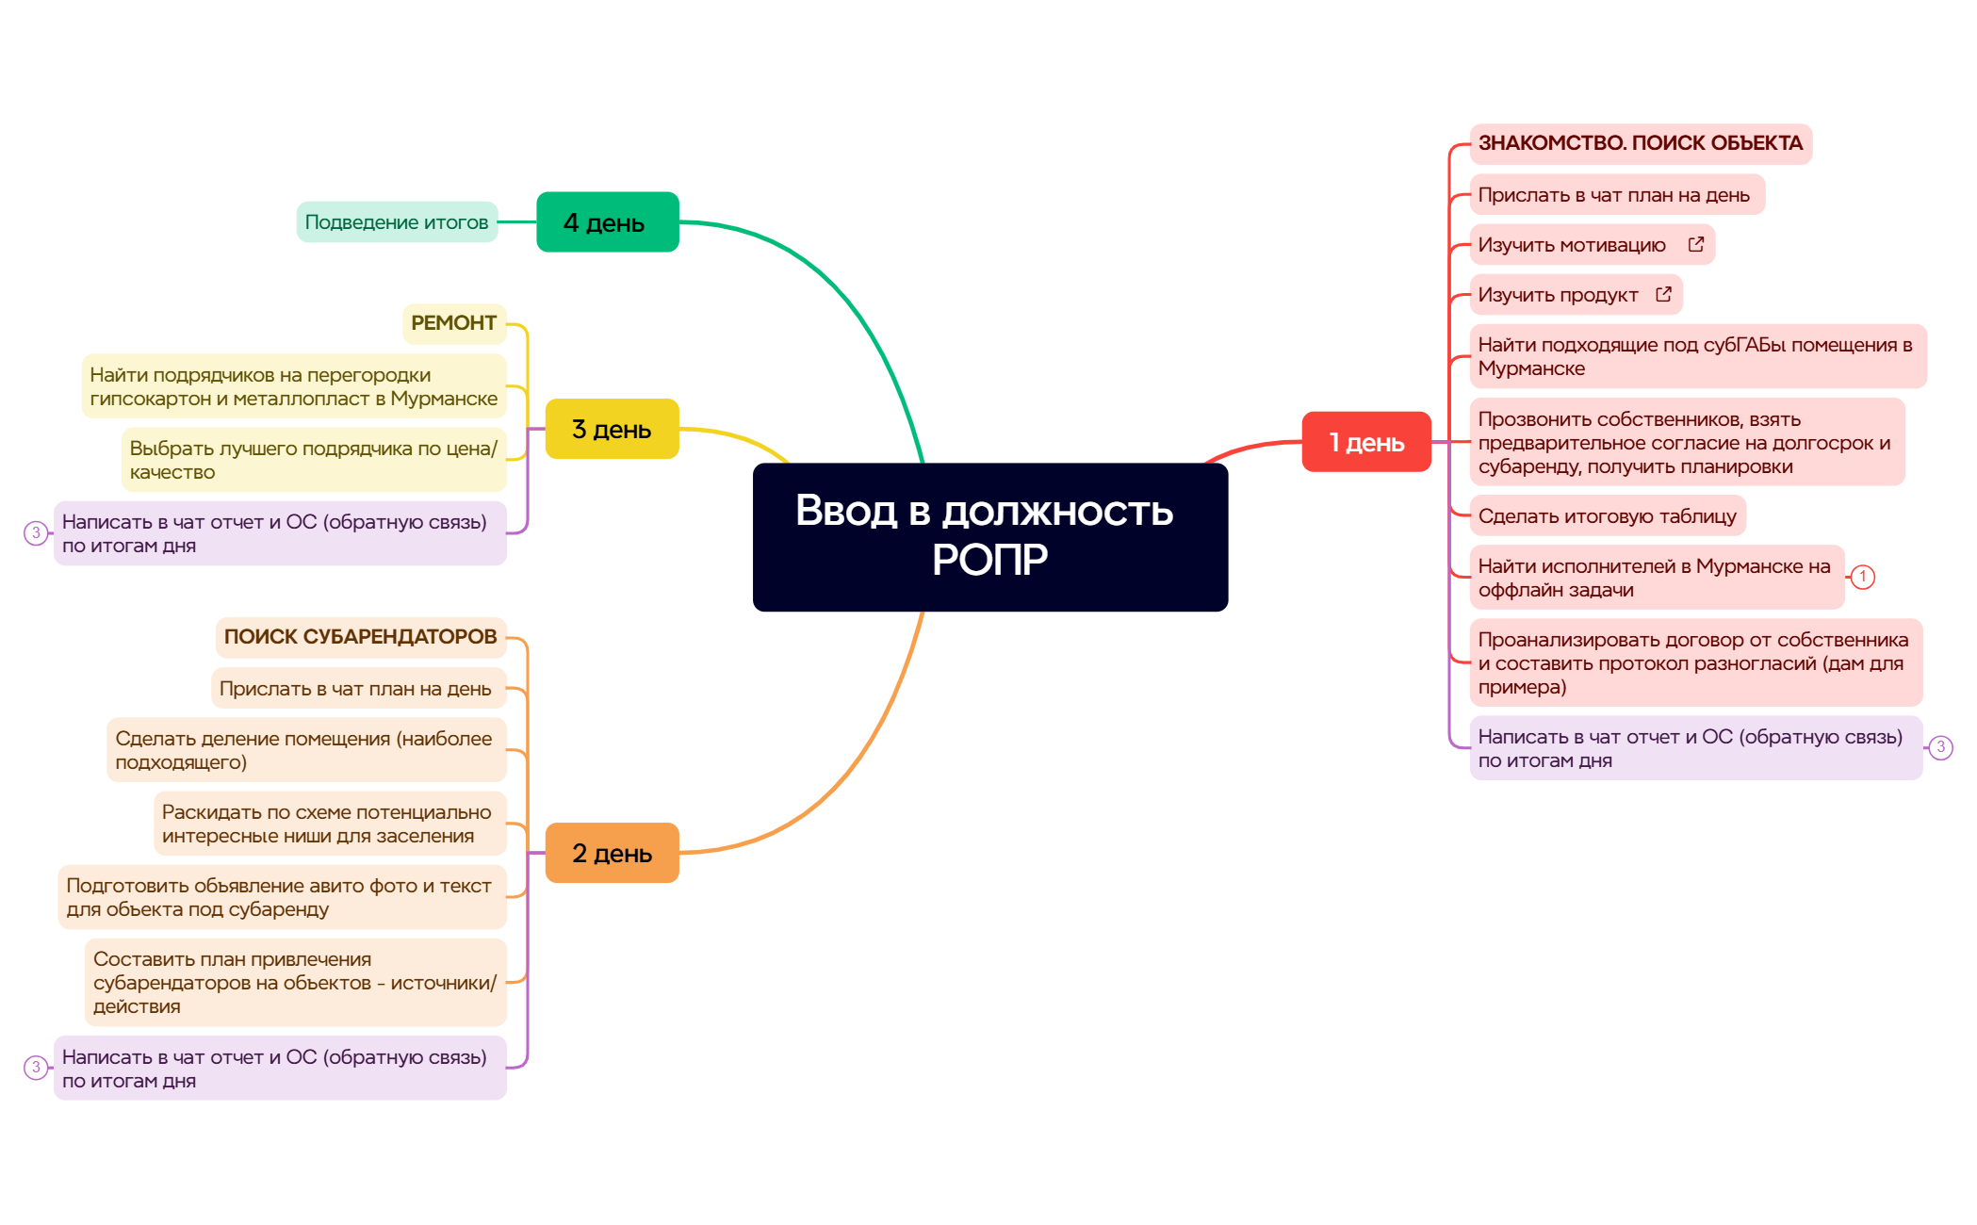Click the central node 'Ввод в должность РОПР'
(989, 536)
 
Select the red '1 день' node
(1365, 442)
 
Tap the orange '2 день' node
(612, 853)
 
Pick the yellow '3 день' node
(612, 429)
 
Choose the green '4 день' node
(607, 222)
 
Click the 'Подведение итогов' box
(397, 222)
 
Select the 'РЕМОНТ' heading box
(453, 323)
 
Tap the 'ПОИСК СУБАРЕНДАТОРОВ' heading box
(360, 637)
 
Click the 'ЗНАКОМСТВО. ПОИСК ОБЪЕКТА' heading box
(1640, 143)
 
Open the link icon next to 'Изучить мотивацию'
(1695, 245)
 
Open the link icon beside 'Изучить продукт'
(1663, 295)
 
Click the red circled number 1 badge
(1862, 577)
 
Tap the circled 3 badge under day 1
(1940, 747)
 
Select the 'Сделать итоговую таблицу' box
(1607, 516)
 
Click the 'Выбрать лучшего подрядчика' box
(313, 460)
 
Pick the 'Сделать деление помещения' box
(305, 750)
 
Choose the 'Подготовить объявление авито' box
(280, 897)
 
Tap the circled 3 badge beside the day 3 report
(36, 533)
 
